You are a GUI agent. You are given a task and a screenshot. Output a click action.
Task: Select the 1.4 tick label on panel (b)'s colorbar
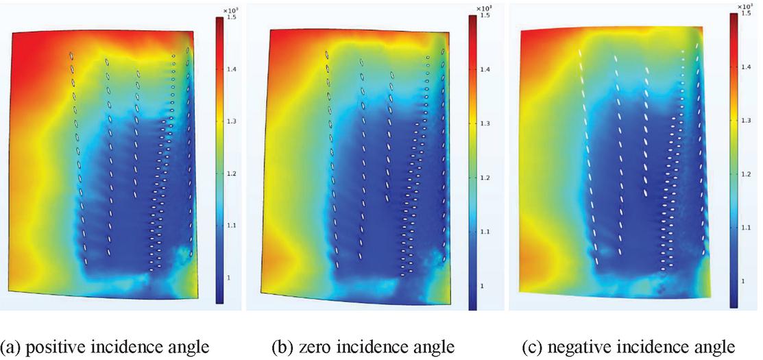[485, 69]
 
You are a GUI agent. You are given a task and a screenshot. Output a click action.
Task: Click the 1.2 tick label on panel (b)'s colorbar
[485, 178]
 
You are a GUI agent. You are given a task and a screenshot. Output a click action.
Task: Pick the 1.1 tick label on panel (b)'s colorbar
[485, 232]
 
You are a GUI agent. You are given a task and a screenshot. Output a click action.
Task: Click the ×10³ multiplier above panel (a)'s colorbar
[230, 7]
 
